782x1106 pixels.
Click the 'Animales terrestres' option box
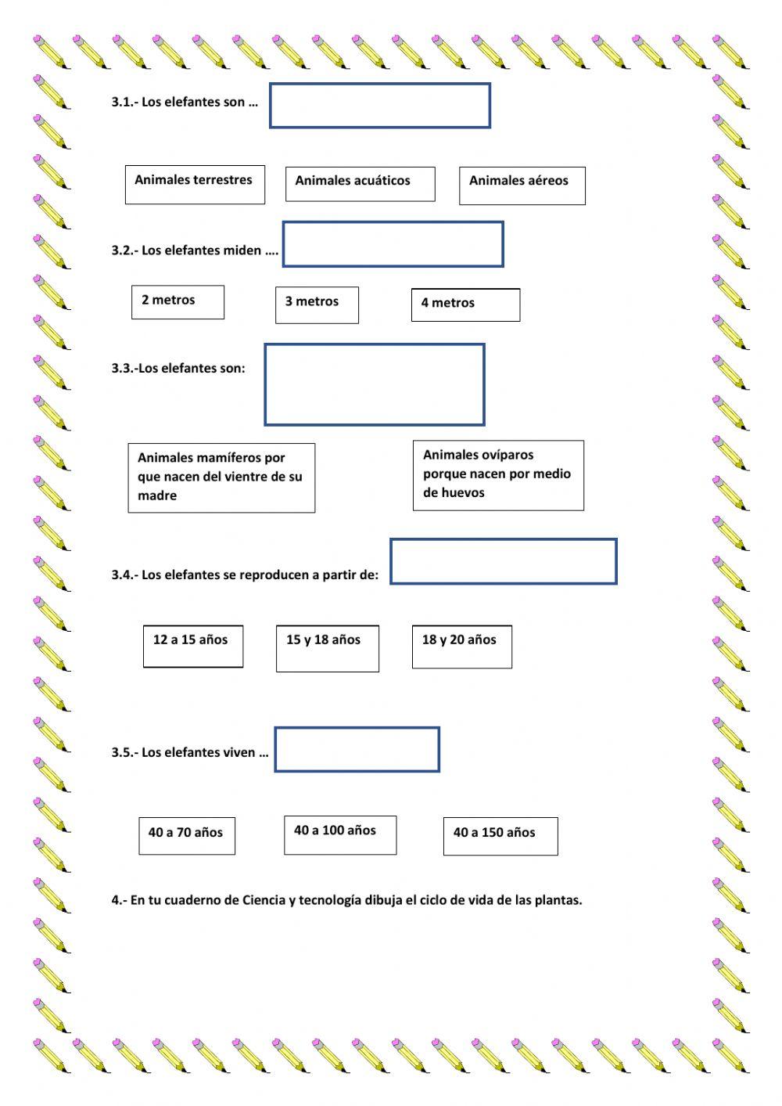point(195,185)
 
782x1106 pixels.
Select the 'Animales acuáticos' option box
point(360,184)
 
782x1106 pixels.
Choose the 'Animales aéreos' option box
point(522,186)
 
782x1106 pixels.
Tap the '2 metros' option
point(178,302)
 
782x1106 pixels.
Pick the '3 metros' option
point(317,304)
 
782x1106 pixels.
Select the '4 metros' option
point(465,304)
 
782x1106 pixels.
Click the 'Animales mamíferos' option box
point(221,477)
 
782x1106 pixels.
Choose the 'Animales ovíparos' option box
point(498,475)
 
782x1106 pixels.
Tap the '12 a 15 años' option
point(193,646)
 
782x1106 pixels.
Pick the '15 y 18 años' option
point(327,648)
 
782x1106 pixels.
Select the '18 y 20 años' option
point(461,647)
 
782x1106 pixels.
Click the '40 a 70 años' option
point(187,835)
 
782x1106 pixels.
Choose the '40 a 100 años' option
point(339,834)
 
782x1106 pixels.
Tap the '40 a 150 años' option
point(500,836)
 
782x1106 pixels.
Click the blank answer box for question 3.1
point(380,106)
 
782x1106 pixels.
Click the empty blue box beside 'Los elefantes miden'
point(393,244)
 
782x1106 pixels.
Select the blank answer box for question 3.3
point(375,384)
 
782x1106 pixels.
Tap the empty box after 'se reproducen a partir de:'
point(504,561)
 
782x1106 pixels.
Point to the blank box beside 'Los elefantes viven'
point(357,749)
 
